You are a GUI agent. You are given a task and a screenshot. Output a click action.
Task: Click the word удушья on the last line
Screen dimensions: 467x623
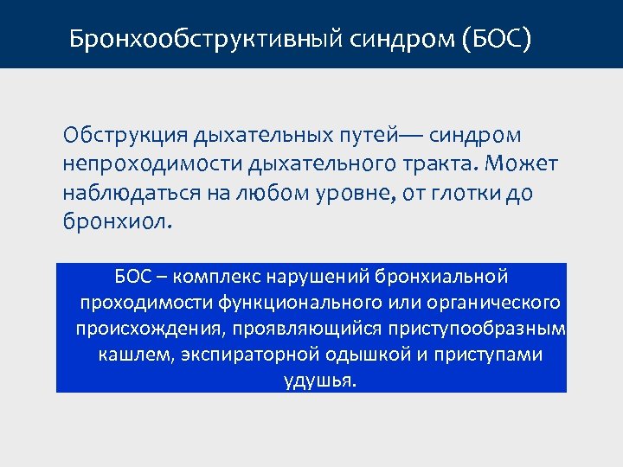(x=318, y=381)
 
